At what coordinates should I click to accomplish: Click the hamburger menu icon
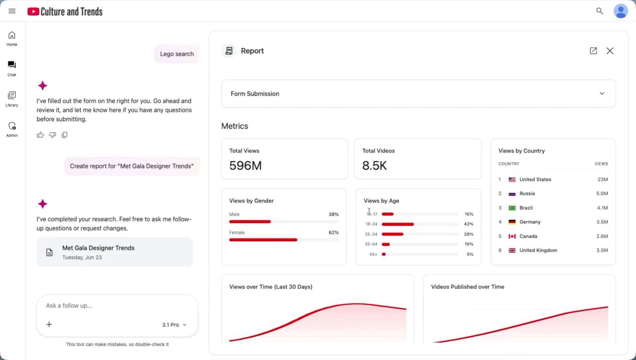pyautogui.click(x=12, y=11)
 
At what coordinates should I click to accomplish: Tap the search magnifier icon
pyautogui.click(x=600, y=11)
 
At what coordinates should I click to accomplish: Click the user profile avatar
pyautogui.click(x=621, y=11)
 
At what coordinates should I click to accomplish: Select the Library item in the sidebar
pyautogui.click(x=12, y=99)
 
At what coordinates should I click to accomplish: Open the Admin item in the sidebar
pyautogui.click(x=12, y=129)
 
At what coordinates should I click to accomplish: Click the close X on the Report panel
pyautogui.click(x=610, y=51)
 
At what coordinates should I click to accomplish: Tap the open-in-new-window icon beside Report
pyautogui.click(x=593, y=51)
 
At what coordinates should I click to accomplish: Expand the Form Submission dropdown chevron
pyautogui.click(x=602, y=93)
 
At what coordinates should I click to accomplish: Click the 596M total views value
pyautogui.click(x=245, y=165)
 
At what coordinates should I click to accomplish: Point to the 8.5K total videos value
pyautogui.click(x=374, y=165)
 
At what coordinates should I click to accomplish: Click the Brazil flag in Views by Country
pyautogui.click(x=512, y=208)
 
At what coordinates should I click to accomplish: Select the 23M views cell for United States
pyautogui.click(x=603, y=179)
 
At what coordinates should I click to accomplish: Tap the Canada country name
pyautogui.click(x=528, y=236)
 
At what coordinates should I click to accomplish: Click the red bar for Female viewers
pyautogui.click(x=263, y=240)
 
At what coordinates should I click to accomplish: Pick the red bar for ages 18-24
pyautogui.click(x=398, y=224)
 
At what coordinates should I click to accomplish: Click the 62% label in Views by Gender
pyautogui.click(x=334, y=233)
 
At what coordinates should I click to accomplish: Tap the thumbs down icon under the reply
pyautogui.click(x=52, y=135)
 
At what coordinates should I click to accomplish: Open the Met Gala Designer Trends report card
pyautogui.click(x=115, y=252)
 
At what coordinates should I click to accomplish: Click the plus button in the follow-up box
pyautogui.click(x=49, y=325)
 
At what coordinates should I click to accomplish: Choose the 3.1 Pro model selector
pyautogui.click(x=174, y=325)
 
